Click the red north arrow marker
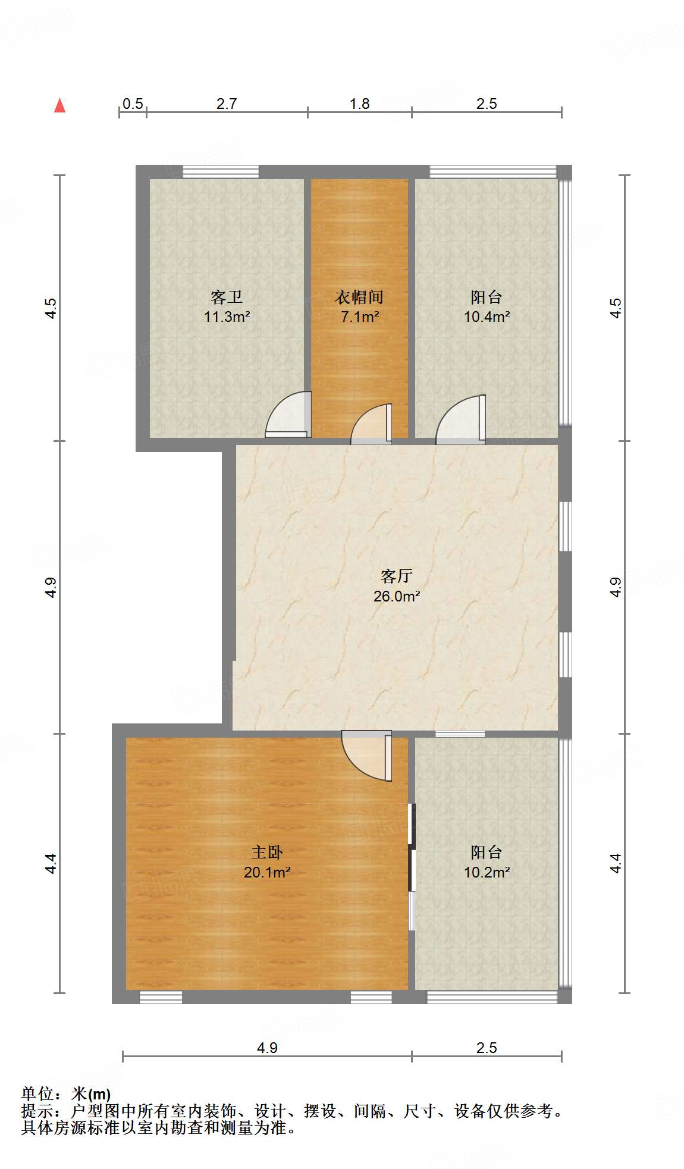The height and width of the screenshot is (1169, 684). tap(59, 105)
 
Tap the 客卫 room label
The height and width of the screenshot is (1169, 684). tap(227, 297)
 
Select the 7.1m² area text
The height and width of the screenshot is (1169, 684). tap(359, 316)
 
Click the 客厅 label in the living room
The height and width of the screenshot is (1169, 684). tap(397, 575)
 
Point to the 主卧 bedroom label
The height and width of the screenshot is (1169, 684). tap(266, 852)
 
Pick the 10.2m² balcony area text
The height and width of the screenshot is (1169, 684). tap(487, 872)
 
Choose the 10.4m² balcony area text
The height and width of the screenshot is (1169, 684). tap(487, 316)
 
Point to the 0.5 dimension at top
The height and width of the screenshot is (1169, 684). tap(133, 104)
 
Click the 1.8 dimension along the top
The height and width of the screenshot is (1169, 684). tap(359, 104)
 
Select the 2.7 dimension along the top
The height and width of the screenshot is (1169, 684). tap(227, 104)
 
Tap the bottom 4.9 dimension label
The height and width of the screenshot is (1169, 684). tap(267, 1048)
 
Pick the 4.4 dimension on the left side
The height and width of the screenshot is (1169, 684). tap(51, 863)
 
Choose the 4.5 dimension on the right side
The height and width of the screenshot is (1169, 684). tap(616, 308)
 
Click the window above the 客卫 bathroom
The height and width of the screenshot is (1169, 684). tap(221, 171)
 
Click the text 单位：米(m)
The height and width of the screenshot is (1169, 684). tap(66, 1093)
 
